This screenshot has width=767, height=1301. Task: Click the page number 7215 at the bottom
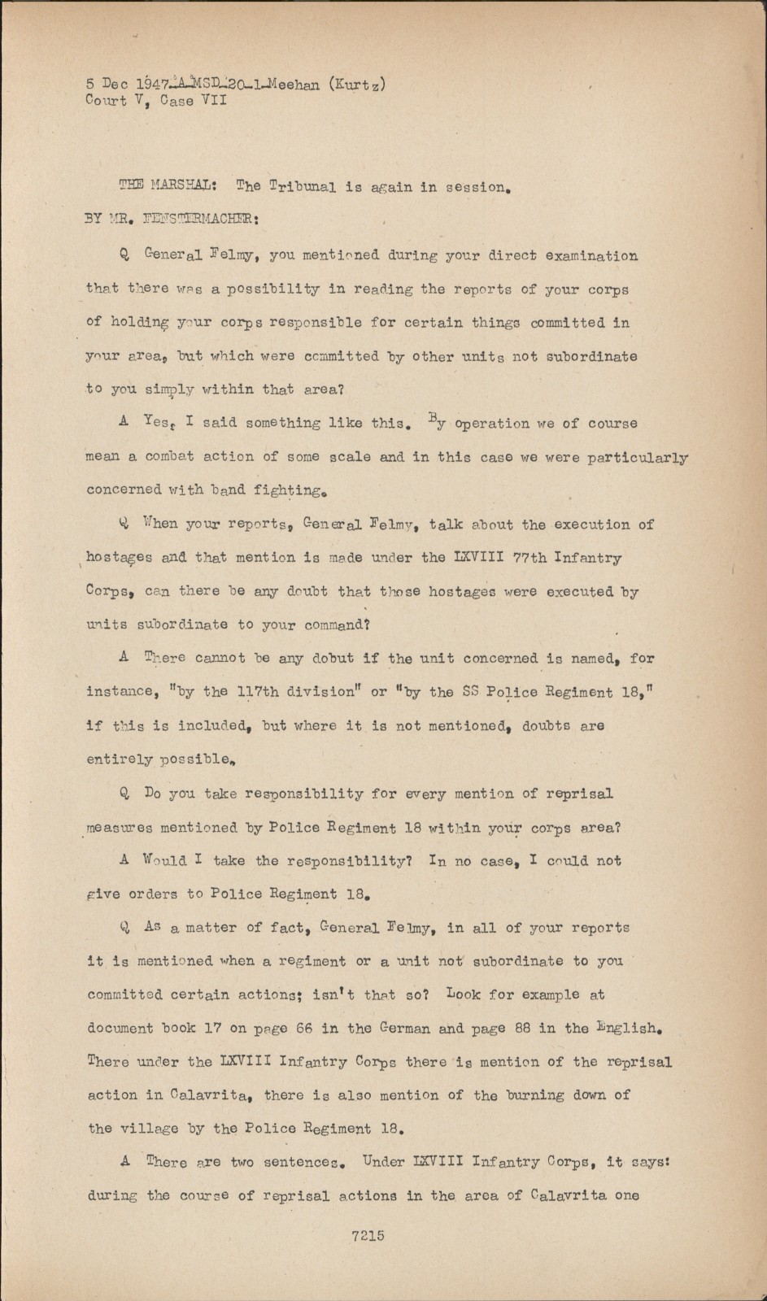(x=368, y=1236)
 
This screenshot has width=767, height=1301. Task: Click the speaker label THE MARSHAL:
(x=167, y=186)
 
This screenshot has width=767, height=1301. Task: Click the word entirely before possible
(x=120, y=759)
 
